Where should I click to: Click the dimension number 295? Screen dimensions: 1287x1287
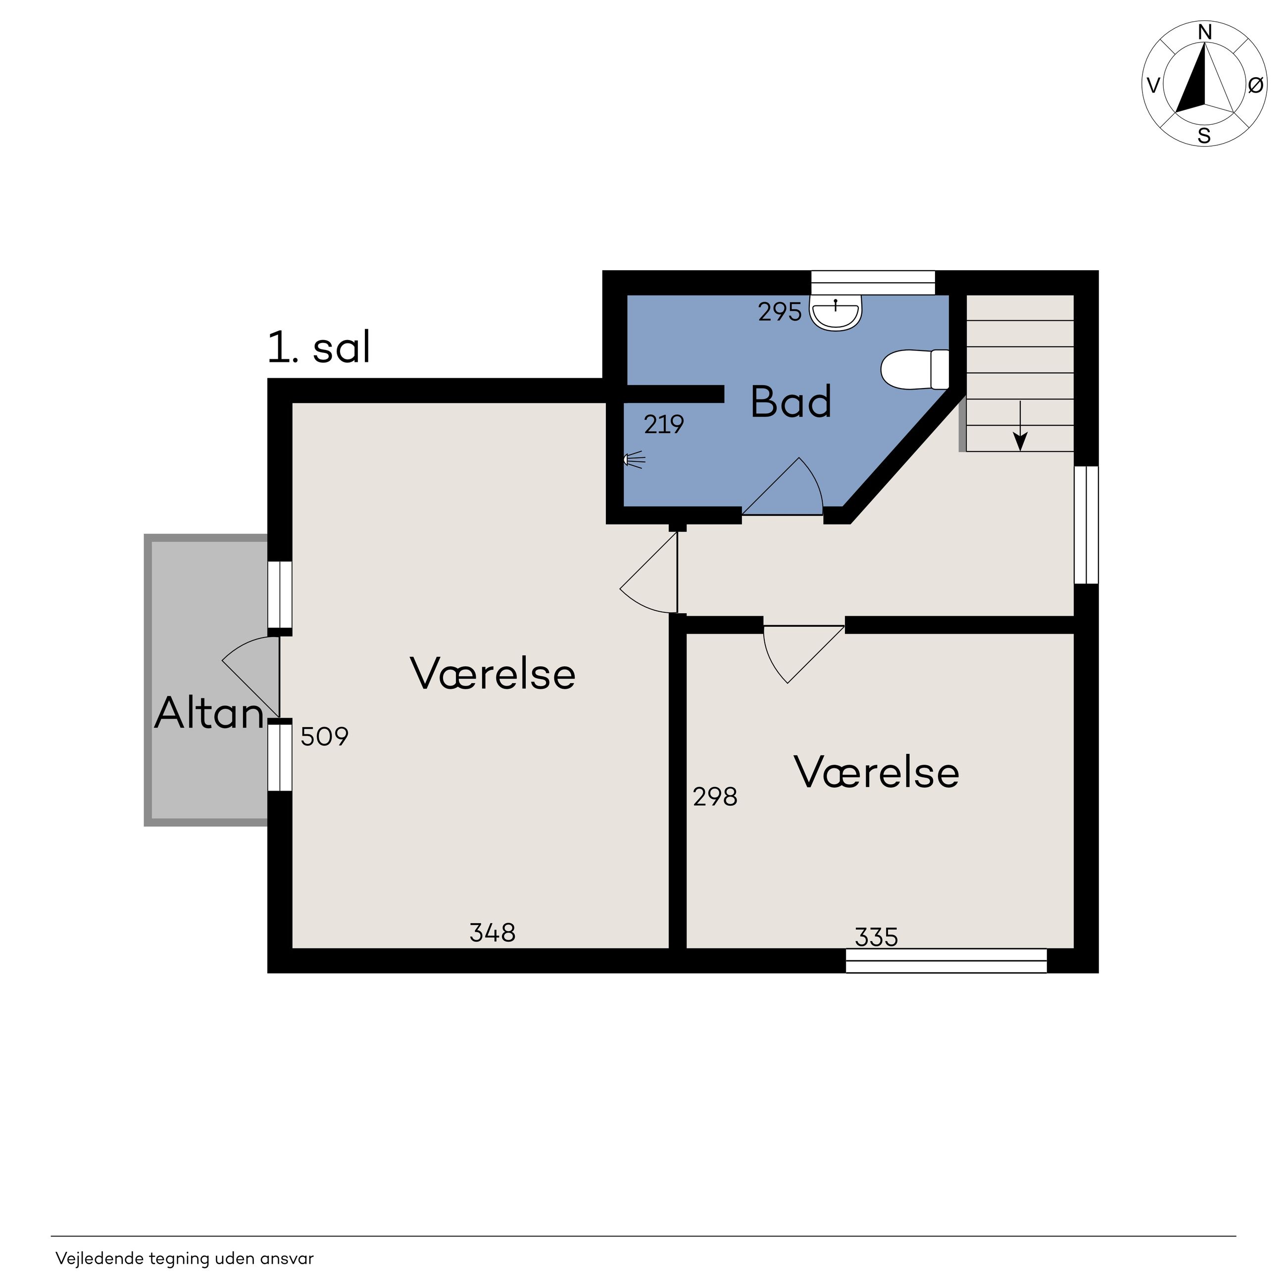pyautogui.click(x=780, y=312)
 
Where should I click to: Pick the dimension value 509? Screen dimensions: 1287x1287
pyautogui.click(x=324, y=736)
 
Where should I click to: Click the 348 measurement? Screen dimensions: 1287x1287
pyautogui.click(x=493, y=933)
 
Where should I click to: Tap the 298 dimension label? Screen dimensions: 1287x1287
pyautogui.click(x=715, y=797)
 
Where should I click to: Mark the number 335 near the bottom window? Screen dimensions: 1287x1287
pyautogui.click(x=877, y=937)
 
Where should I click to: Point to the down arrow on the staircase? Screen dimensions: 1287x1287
pyautogui.click(x=1020, y=426)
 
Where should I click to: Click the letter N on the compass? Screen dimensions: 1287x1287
pyautogui.click(x=1204, y=32)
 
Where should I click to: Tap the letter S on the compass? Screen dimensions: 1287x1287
pyautogui.click(x=1204, y=136)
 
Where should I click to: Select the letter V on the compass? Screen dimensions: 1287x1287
pyautogui.click(x=1153, y=85)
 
